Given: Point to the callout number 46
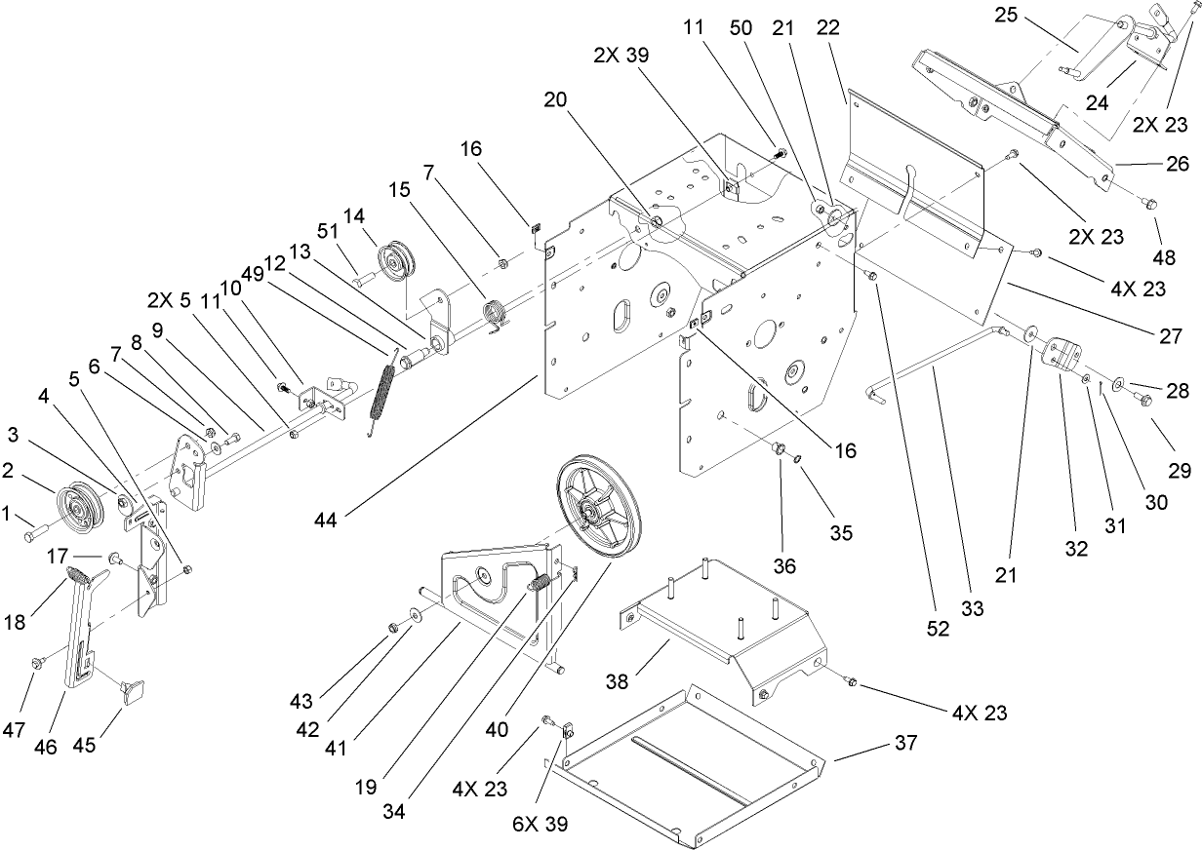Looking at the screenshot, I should (45, 747).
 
